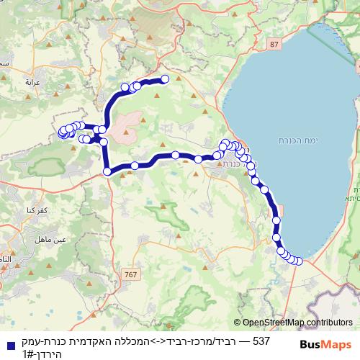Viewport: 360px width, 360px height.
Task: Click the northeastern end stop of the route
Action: coord(165,78)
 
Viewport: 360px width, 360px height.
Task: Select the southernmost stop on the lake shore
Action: coord(298,261)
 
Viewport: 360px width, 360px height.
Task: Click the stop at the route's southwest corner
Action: coord(107,171)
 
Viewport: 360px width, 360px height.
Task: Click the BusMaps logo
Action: coord(325,343)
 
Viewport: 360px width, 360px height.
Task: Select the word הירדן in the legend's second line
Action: coord(48,354)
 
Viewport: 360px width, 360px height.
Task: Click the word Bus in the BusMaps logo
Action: coord(311,343)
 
